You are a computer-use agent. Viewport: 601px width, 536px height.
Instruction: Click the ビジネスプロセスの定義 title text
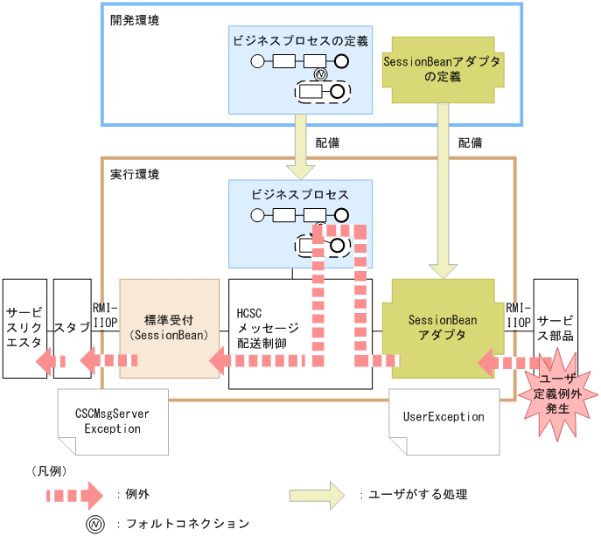click(300, 41)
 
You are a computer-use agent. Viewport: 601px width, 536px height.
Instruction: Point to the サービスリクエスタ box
click(24, 328)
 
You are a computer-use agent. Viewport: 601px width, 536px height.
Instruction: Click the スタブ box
click(72, 327)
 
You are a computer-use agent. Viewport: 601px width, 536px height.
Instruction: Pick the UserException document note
click(443, 417)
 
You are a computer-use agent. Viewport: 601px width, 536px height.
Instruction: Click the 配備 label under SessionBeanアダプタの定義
click(470, 141)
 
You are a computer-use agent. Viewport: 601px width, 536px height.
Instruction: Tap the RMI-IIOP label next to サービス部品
click(518, 315)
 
